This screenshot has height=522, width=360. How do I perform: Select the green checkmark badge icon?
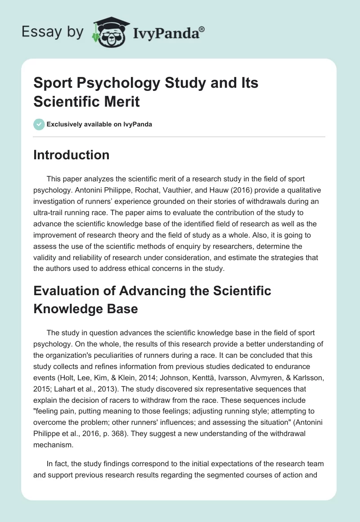pyautogui.click(x=39, y=124)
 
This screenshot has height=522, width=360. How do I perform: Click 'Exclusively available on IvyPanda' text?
pyautogui.click(x=99, y=124)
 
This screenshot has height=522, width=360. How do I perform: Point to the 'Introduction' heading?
pyautogui.click(x=72, y=155)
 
